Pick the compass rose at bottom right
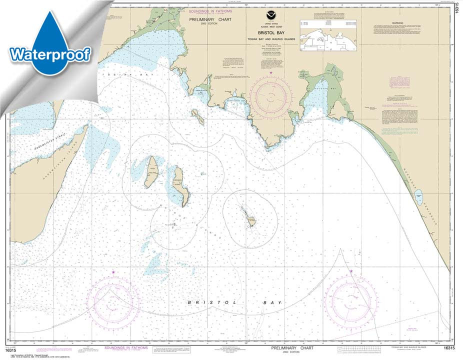coord(350,298)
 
